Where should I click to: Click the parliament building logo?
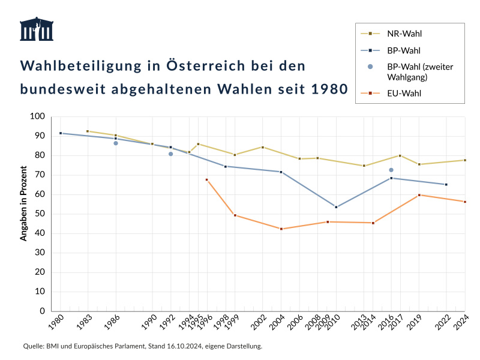pyautogui.click(x=37, y=29)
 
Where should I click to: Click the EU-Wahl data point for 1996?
pyautogui.click(x=207, y=179)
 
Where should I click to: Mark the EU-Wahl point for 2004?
pyautogui.click(x=281, y=229)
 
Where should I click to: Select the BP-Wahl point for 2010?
pyautogui.click(x=336, y=207)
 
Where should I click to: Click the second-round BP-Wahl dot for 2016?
pyautogui.click(x=391, y=170)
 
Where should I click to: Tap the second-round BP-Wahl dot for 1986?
pyautogui.click(x=116, y=143)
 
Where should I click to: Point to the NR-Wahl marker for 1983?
pyautogui.click(x=88, y=131)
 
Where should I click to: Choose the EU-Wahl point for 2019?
pyautogui.click(x=419, y=195)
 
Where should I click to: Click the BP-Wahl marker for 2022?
pyautogui.click(x=446, y=184)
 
